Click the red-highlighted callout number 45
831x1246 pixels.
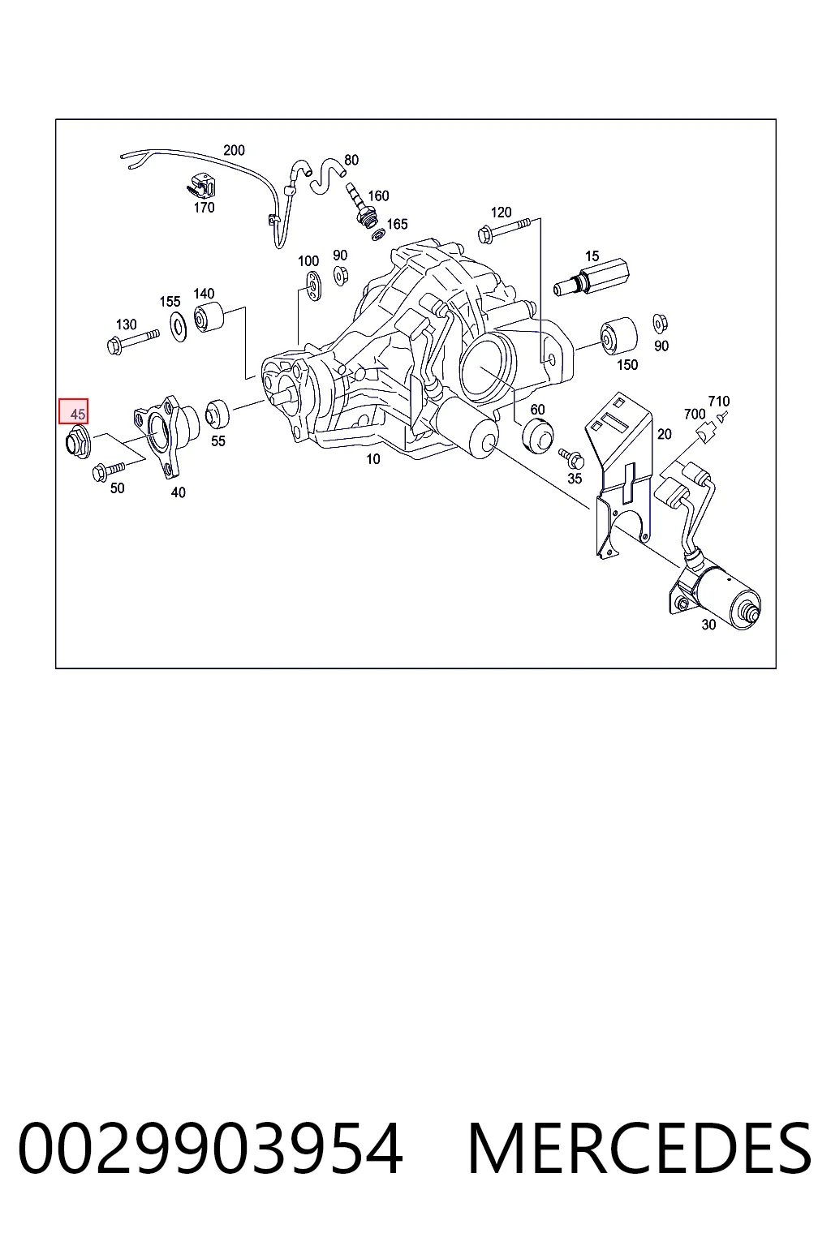[77, 414]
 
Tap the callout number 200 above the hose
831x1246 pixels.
[234, 150]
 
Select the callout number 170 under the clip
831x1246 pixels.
[204, 208]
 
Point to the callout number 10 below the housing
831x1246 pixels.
[373, 459]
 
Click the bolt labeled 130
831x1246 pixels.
[133, 341]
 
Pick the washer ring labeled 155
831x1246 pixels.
[179, 327]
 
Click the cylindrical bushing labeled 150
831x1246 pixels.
[618, 335]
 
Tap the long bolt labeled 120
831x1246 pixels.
[503, 230]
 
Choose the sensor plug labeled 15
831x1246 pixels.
[591, 277]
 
